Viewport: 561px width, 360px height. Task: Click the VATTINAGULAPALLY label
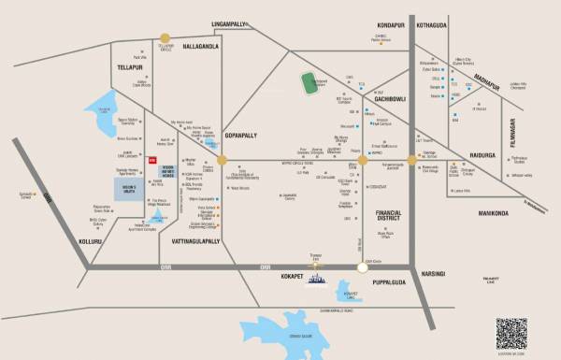click(x=197, y=242)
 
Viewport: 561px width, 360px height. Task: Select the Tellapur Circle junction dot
click(x=165, y=40)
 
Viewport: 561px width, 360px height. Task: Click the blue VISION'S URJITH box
click(x=130, y=190)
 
